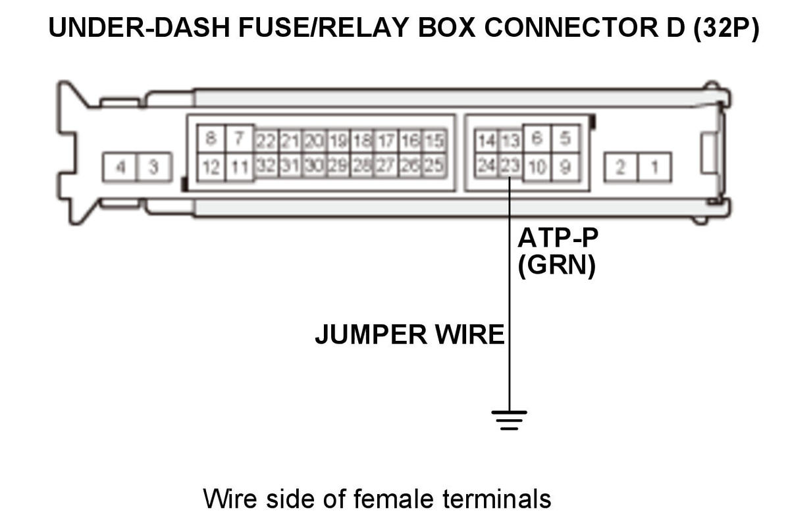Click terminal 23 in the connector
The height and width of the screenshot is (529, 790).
tap(510, 166)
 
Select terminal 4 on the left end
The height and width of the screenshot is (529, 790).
tap(120, 167)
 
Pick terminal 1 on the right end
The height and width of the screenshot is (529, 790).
tap(654, 167)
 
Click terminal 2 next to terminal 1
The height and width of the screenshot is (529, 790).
tap(620, 167)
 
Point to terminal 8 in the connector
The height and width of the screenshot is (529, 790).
tap(211, 139)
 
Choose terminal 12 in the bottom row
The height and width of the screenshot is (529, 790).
tap(211, 167)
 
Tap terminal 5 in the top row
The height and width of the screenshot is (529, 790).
tap(565, 139)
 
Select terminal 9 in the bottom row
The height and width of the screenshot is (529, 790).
tap(565, 167)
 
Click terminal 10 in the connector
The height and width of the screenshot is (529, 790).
tap(537, 167)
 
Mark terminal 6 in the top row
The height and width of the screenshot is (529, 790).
tap(537, 139)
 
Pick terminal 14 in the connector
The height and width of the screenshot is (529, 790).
tap(487, 141)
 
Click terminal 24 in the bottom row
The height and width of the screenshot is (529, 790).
tap(487, 166)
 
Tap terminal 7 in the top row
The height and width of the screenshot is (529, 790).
tap(239, 139)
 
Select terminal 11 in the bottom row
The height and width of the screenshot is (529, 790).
tap(239, 167)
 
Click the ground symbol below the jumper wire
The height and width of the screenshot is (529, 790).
tap(509, 419)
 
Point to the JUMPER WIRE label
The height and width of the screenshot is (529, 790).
tap(409, 335)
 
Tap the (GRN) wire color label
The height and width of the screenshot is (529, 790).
tap(557, 267)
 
